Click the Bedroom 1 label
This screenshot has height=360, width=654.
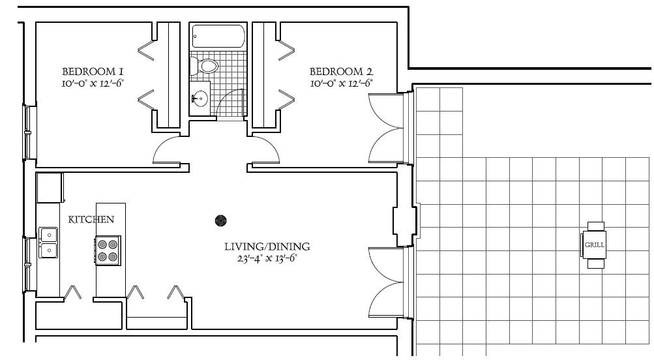click(x=93, y=72)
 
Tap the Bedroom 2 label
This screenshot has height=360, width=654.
click(x=341, y=72)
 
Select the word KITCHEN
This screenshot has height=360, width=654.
click(x=91, y=219)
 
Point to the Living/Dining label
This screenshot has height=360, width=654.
click(x=267, y=247)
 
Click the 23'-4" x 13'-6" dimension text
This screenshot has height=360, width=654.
click(x=267, y=259)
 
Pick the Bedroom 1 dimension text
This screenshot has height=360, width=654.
click(x=93, y=83)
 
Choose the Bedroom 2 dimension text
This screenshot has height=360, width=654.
click(x=341, y=83)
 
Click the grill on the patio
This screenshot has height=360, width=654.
click(x=594, y=245)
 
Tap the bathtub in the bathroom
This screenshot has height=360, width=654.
click(x=218, y=37)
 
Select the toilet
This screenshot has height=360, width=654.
click(x=203, y=65)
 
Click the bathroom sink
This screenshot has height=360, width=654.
click(x=200, y=98)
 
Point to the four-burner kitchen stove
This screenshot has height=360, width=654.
click(x=108, y=250)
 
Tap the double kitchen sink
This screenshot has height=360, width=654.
click(x=48, y=243)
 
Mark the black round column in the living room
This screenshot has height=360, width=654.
click(x=220, y=220)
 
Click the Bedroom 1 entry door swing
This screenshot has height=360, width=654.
click(x=166, y=150)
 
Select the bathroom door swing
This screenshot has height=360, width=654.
click(x=230, y=102)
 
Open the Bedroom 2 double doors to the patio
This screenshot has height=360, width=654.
click(x=386, y=128)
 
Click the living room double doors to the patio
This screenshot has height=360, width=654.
click(x=386, y=282)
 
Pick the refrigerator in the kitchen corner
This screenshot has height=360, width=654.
click(x=50, y=188)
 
